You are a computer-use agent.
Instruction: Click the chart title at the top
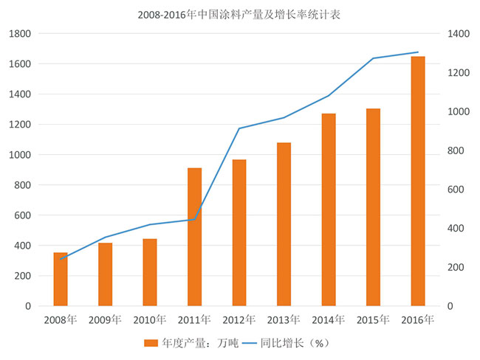[x=239, y=14]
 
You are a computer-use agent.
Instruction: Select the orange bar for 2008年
[x=61, y=279]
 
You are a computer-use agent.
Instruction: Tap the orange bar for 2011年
[x=194, y=237]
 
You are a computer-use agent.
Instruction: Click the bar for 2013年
[x=284, y=224]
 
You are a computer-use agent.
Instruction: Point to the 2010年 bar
[x=150, y=272]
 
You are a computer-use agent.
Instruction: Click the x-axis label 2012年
[x=239, y=320]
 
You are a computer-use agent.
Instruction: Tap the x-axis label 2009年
[x=105, y=320]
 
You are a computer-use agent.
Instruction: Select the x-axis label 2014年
[x=329, y=320]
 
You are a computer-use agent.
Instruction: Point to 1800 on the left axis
[x=20, y=34]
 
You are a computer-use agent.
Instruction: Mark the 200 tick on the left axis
[x=22, y=276]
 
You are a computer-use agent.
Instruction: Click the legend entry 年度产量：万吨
[x=186, y=343]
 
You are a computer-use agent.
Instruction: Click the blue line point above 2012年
[x=239, y=128]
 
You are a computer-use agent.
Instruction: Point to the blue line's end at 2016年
[x=418, y=52]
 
